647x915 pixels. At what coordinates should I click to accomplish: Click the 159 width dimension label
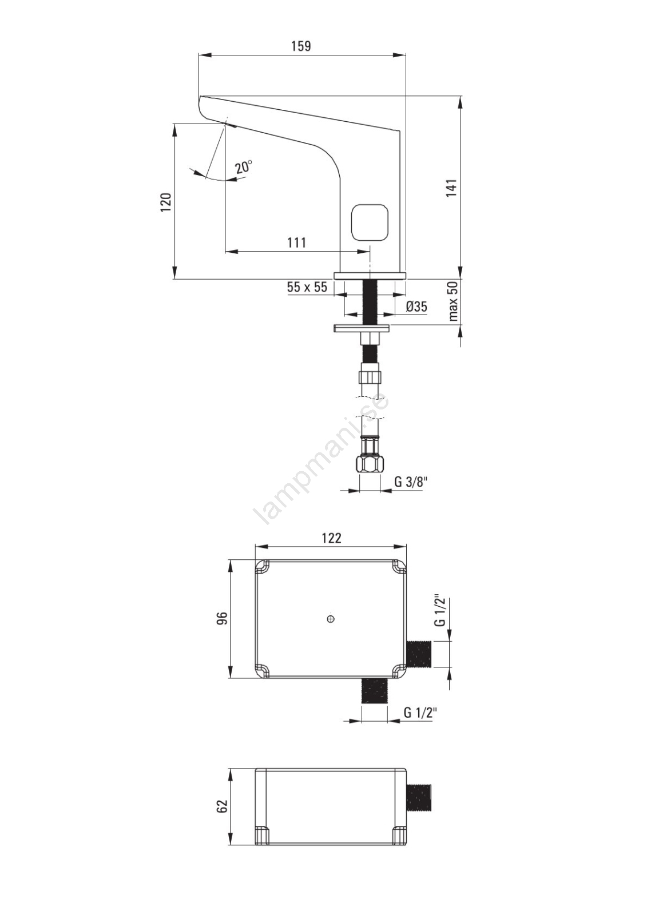[x=301, y=46]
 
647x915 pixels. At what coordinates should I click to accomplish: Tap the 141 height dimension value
[x=451, y=188]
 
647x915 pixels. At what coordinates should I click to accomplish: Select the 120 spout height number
[x=165, y=202]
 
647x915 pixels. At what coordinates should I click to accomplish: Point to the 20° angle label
[x=244, y=167]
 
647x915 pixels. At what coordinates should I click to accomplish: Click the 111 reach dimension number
[x=296, y=242]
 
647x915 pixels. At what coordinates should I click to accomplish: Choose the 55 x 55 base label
[x=307, y=287]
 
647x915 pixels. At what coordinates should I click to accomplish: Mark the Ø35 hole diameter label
[x=417, y=307]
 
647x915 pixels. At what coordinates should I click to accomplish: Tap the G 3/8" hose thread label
[x=410, y=482]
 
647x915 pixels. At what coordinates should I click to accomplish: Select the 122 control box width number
[x=331, y=538]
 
